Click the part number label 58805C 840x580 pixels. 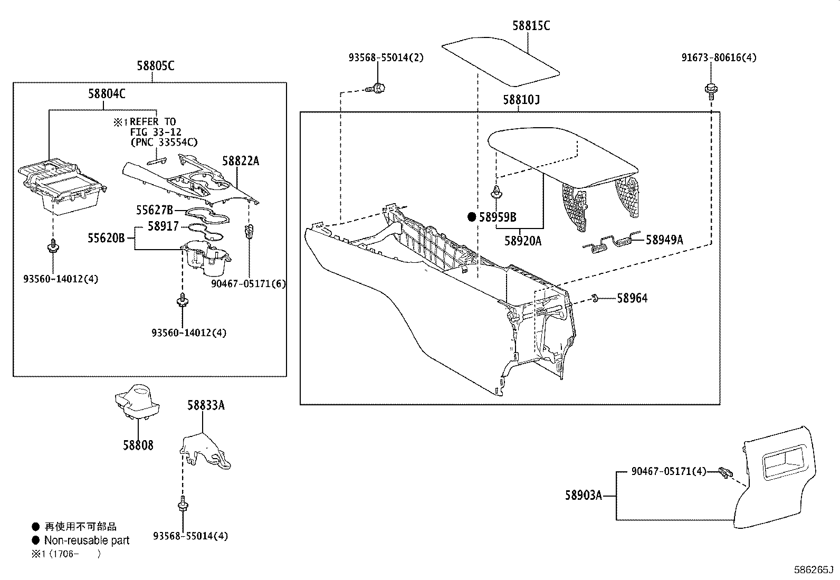tap(155, 66)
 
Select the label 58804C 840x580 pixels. tap(107, 94)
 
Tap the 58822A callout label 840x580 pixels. tap(240, 161)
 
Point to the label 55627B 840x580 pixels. tap(154, 210)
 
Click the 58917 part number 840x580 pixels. tap(163, 226)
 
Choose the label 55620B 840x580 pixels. tap(106, 239)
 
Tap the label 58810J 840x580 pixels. tap(521, 100)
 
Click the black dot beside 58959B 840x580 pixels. tap(472, 217)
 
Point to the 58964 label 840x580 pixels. tap(632, 298)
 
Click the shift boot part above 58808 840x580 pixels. tap(137, 402)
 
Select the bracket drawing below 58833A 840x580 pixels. tap(205, 452)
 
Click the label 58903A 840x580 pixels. tap(583, 496)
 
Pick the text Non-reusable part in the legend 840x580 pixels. tap(87, 540)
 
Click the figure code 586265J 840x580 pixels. tap(813, 570)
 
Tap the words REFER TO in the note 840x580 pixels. tap(153, 122)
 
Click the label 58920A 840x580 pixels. tap(522, 241)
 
